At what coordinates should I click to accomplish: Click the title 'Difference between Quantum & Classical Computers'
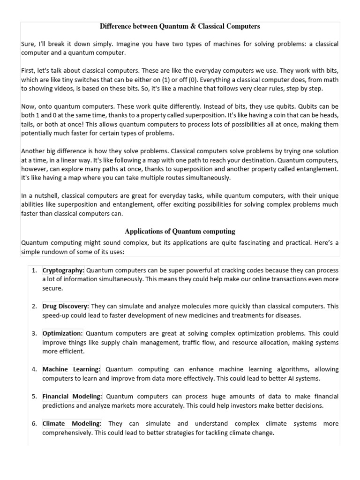pos(180,26)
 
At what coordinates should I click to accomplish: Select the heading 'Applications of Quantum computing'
pos(180,231)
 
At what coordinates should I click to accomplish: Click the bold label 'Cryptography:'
pos(63,270)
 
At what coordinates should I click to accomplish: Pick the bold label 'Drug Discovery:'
pos(65,306)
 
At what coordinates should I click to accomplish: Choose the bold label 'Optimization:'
pos(62,333)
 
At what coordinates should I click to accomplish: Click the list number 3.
pos(34,333)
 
